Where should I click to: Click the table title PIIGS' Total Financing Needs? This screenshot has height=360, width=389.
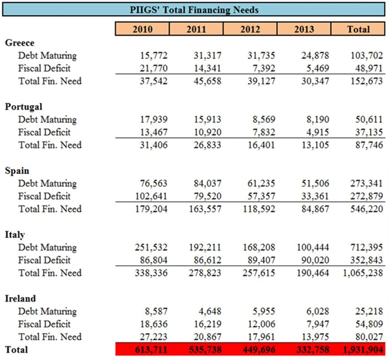coord(194,10)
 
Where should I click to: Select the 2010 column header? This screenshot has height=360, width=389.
coord(142,29)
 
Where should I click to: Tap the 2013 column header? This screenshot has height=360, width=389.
coord(305,29)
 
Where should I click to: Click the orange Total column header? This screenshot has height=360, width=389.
coord(358,29)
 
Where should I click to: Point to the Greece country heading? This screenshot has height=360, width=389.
coord(19,43)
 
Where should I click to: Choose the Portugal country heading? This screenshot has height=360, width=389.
coord(24,106)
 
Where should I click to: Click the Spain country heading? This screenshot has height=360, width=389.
coord(17,171)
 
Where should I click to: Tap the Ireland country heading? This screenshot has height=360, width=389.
coord(21,299)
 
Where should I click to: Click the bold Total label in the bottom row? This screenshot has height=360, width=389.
coord(16,350)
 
